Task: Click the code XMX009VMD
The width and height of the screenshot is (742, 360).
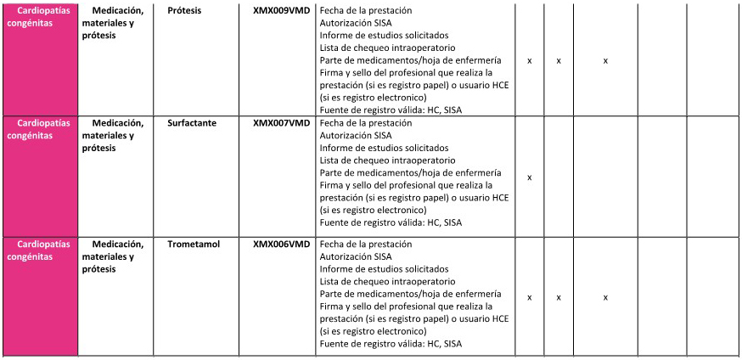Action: [x=281, y=9]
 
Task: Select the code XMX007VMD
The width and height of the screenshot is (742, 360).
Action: [x=281, y=123]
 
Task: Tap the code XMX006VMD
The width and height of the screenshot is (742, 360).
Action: [x=281, y=245]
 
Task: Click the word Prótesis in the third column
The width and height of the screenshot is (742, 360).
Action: [x=185, y=9]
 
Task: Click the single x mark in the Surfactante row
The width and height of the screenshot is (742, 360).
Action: [x=530, y=177]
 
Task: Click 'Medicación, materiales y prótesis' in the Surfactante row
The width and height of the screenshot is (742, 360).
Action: [x=117, y=135]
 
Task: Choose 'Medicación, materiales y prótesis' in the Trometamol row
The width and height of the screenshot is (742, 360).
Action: [x=117, y=256]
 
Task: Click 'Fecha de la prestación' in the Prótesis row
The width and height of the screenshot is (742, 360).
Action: [x=364, y=9]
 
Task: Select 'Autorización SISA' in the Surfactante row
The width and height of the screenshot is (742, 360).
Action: [x=356, y=135]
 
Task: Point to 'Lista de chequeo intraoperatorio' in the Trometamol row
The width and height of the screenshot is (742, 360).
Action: [x=387, y=281]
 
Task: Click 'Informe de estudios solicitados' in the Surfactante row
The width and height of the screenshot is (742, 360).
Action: [x=385, y=148]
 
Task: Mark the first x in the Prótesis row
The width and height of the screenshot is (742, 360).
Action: [x=530, y=61]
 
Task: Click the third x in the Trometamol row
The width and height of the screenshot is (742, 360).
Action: [x=605, y=298]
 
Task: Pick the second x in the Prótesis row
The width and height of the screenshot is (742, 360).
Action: [x=559, y=61]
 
